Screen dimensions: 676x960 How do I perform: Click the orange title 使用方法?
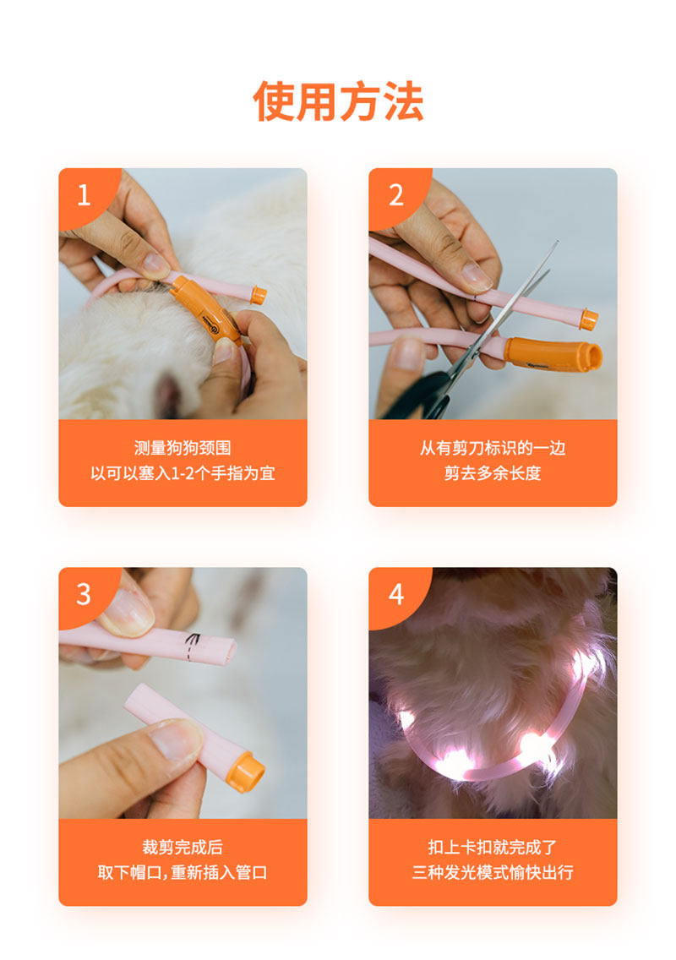click(x=338, y=101)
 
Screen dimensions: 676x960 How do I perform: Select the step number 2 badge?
click(x=395, y=195)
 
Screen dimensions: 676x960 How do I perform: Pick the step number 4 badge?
click(x=396, y=594)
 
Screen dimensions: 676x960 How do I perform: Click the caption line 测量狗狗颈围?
click(x=183, y=448)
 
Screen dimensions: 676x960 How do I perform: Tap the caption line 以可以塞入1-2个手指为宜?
click(x=183, y=473)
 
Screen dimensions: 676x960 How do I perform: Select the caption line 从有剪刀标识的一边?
click(x=493, y=448)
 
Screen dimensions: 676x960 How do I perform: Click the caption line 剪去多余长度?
click(x=493, y=473)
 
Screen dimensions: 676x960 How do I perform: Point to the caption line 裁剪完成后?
click(x=183, y=848)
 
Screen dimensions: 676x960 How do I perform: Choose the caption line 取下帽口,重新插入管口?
click(x=183, y=872)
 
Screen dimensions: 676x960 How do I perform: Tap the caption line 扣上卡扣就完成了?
click(x=493, y=848)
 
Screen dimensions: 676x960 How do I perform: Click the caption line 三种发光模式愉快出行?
click(x=493, y=872)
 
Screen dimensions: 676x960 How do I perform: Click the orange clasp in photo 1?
click(x=205, y=310)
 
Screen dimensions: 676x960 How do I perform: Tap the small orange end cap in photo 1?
click(x=259, y=295)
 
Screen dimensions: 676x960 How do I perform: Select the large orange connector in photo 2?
click(x=553, y=355)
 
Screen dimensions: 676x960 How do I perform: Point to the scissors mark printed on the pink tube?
click(x=193, y=642)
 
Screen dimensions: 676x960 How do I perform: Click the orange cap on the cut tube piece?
click(x=245, y=772)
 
